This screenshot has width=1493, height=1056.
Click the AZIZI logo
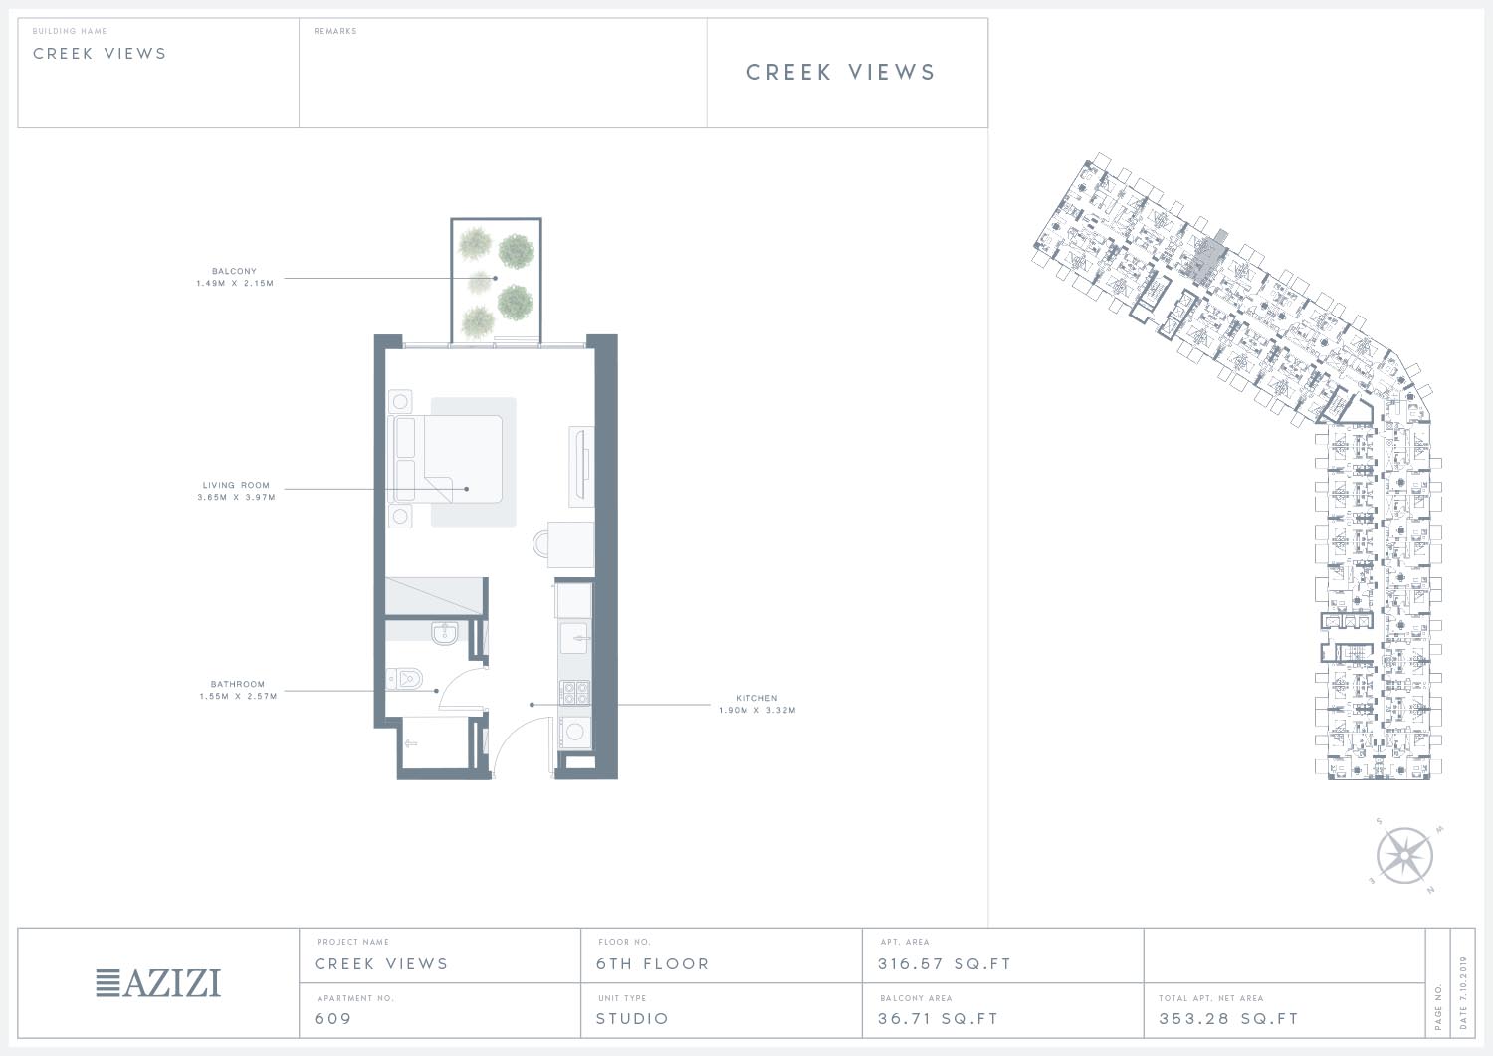[x=158, y=983]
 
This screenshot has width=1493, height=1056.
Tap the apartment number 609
[x=333, y=1018]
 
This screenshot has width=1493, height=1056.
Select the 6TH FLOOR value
[x=653, y=964]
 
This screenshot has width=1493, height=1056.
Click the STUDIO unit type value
[x=632, y=1018]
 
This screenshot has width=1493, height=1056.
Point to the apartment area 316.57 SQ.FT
[x=945, y=964]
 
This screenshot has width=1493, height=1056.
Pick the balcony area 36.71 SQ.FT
[x=938, y=1018]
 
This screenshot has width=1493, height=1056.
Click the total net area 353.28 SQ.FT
[x=1228, y=1018]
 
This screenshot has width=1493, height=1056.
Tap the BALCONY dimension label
[x=235, y=277]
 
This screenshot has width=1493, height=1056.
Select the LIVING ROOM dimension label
[x=236, y=491]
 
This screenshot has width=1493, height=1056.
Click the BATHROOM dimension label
[x=238, y=690]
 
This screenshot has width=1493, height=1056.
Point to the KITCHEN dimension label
[x=757, y=704]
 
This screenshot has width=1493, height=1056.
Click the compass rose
[x=1405, y=856]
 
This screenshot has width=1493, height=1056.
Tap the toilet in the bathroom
[x=404, y=679]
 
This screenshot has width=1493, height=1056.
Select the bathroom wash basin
[x=444, y=633]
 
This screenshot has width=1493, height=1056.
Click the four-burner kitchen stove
[x=574, y=692]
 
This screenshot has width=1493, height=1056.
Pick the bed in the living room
[x=445, y=459]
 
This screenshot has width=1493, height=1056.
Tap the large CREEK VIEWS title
[x=841, y=72]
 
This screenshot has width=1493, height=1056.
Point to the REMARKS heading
[x=335, y=31]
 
